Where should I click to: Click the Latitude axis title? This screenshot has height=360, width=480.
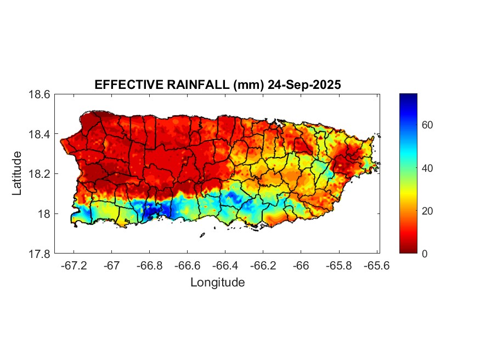click(18, 173)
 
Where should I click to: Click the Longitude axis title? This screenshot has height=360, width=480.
click(217, 283)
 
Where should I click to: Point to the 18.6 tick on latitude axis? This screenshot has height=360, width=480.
click(40, 94)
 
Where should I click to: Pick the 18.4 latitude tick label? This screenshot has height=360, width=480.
click(40, 134)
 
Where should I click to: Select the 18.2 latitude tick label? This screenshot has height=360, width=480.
click(40, 174)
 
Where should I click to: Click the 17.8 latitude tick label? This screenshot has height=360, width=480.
click(40, 254)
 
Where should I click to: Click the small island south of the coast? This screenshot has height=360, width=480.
click(202, 235)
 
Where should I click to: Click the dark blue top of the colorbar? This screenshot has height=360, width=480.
click(409, 97)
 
